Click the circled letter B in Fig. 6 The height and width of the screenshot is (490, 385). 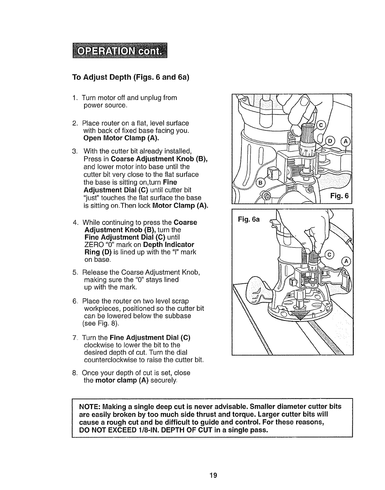260,183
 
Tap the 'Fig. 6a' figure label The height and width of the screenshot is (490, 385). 249,219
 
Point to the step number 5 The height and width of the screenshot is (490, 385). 75,272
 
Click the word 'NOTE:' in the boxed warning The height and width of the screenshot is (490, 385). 90,406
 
